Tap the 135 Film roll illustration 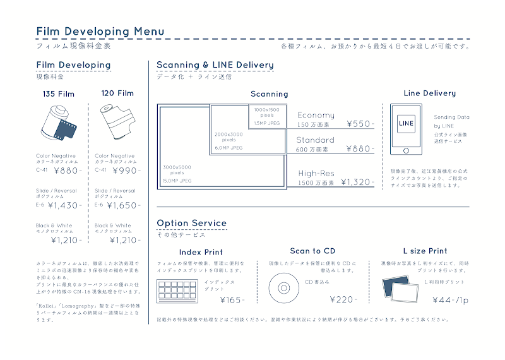58,124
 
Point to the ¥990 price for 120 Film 124,171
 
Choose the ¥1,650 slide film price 122,205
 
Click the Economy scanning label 316,115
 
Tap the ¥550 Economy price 359,124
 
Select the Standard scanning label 315,140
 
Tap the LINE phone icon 406,129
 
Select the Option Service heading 191,223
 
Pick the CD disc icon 283,289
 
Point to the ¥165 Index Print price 230,299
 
